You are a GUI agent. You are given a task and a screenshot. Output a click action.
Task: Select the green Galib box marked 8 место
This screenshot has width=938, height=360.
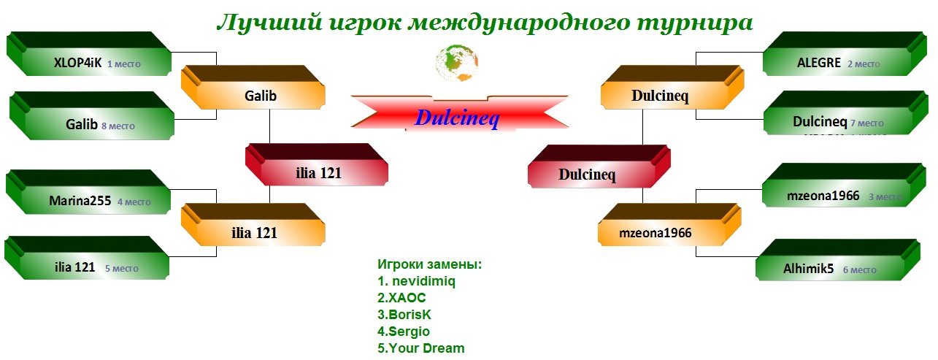pos(92,115)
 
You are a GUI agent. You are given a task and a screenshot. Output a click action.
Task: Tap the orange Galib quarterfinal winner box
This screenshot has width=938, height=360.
pos(253,87)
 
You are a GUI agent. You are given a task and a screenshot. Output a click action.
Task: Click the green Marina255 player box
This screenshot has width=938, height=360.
pos(88,192)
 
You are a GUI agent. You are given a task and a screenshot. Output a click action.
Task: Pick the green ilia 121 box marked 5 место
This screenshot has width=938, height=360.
pos(87,258)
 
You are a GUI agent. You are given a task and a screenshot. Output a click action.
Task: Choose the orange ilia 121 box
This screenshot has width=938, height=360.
pos(253,225)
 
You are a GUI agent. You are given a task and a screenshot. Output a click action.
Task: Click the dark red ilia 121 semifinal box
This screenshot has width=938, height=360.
pos(317,164)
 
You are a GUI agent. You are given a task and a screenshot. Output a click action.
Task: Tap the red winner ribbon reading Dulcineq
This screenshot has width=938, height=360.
pos(459,113)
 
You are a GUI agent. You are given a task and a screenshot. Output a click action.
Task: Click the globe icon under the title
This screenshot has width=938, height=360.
pos(457,63)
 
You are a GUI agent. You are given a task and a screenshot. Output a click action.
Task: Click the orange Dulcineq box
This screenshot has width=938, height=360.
pos(672,87)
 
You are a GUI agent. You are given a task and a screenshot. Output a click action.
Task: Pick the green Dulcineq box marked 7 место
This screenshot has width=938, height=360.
pos(846,113)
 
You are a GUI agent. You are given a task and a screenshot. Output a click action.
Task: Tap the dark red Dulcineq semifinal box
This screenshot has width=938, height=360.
pos(599,166)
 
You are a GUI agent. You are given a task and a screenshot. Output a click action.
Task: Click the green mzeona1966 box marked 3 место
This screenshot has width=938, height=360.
pos(844,185)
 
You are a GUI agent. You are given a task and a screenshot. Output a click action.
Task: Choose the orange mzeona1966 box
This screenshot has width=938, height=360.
pos(669,225)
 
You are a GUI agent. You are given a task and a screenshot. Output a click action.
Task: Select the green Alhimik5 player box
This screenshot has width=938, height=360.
pos(838,260)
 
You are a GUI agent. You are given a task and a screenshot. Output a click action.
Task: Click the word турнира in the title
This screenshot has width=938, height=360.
pos(695,23)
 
